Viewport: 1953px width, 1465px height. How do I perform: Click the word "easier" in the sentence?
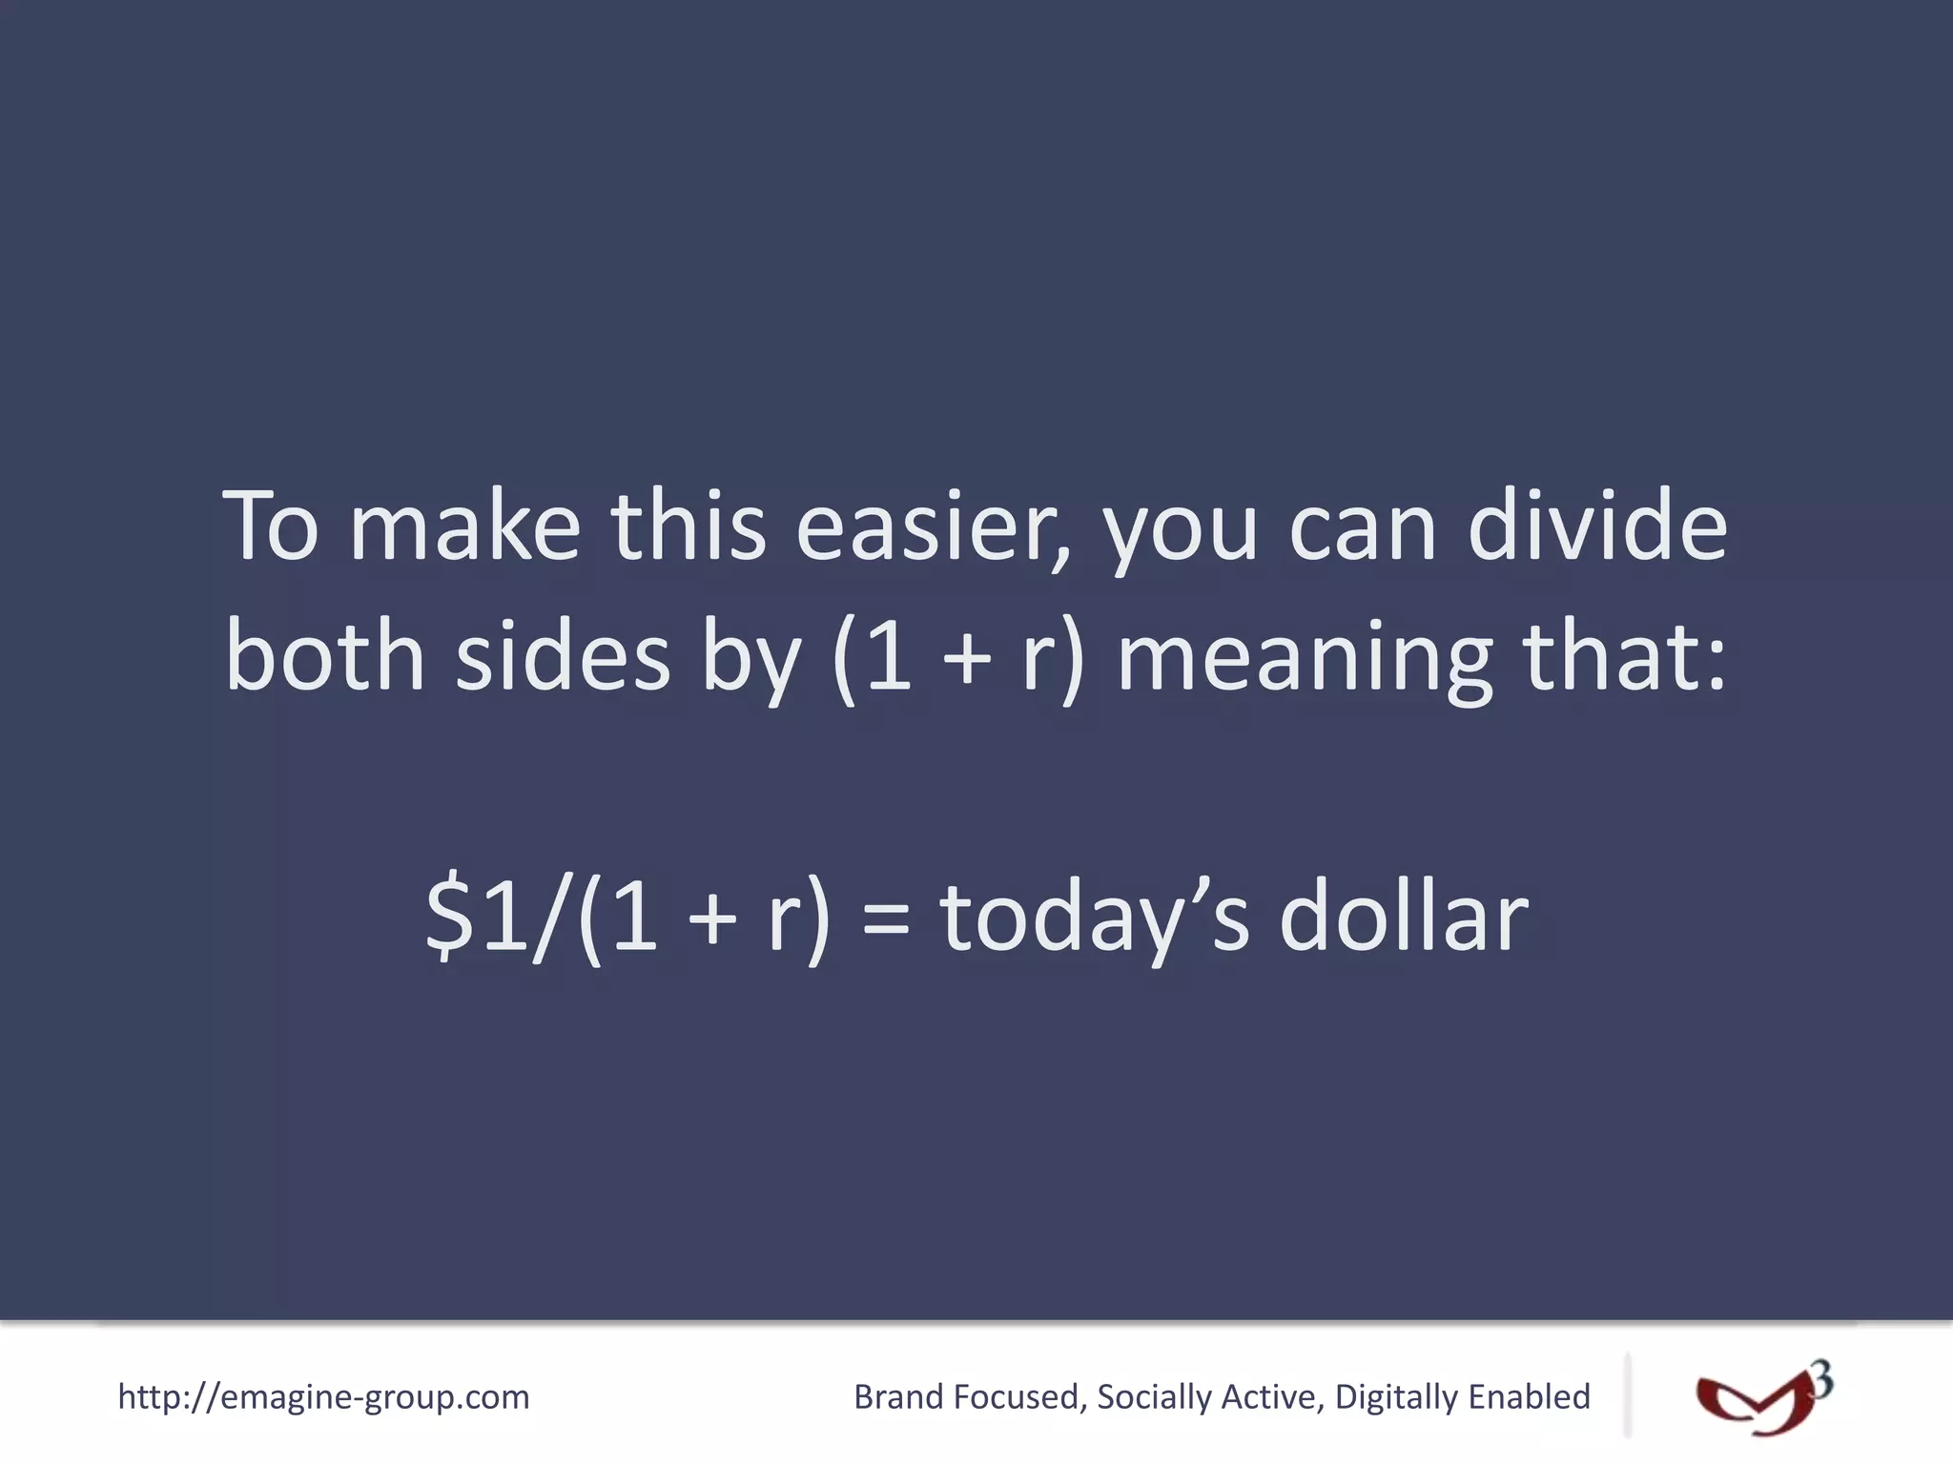[930, 527]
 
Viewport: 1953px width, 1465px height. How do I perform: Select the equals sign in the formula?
[886, 920]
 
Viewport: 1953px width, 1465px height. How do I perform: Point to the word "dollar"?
[1403, 916]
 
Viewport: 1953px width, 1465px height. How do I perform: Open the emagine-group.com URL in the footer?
[323, 1397]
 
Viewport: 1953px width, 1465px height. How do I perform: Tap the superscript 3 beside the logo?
[1821, 1379]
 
